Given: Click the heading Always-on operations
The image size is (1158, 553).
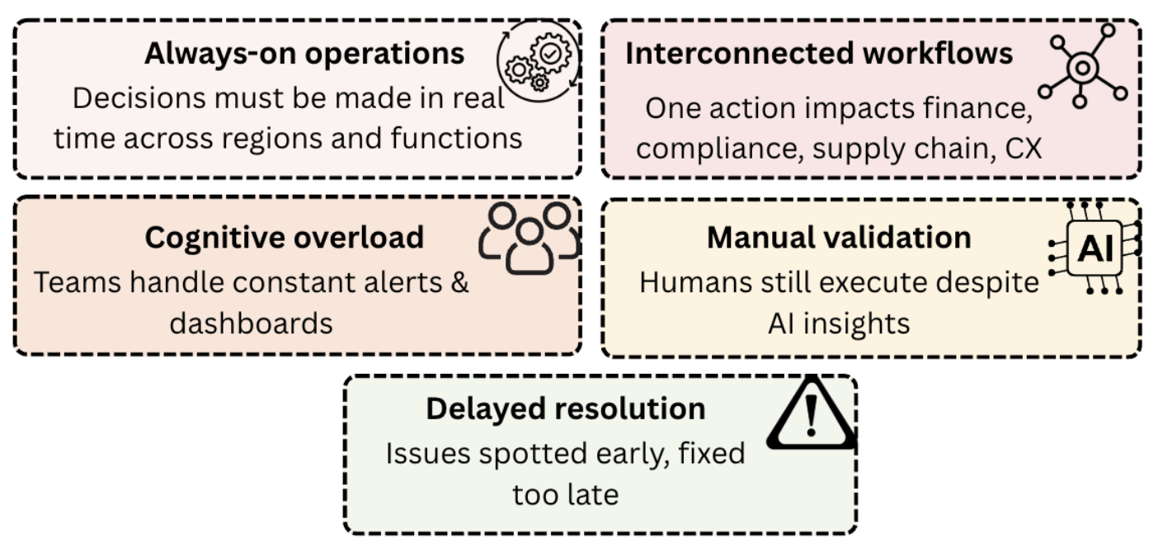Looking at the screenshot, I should point(304,54).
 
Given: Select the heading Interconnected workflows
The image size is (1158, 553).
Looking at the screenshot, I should point(819,54).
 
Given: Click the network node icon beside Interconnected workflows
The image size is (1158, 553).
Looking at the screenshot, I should point(1081,65).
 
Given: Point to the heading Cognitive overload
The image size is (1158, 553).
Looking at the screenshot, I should point(285,238).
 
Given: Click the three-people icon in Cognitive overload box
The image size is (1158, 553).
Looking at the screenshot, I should point(529,237).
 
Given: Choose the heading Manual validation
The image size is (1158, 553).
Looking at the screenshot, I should point(839,238).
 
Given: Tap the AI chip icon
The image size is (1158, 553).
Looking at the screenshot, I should point(1096,246).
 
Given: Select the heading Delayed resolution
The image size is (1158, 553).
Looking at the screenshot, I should point(566,409).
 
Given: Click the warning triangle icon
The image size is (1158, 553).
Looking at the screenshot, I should point(811,412).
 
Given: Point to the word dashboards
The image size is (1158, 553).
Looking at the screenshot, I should point(251,323).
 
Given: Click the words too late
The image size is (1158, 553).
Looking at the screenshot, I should point(565,494).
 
